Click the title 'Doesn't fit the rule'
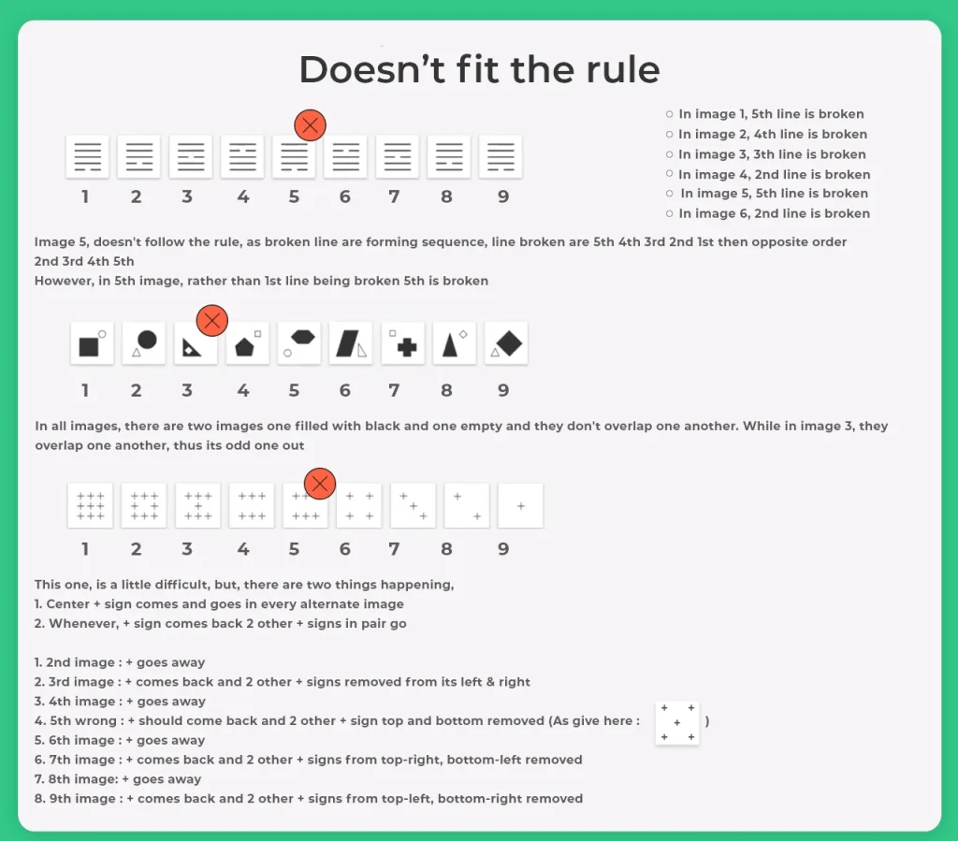point(479,69)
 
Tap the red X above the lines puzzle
point(310,125)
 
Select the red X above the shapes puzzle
point(212,321)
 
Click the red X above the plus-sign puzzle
point(320,484)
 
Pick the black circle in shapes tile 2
point(147,340)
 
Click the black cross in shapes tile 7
point(407,347)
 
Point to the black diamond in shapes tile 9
point(509,343)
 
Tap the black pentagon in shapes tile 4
point(244,347)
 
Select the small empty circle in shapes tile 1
point(102,333)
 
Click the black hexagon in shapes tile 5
point(303,337)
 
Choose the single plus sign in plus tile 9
point(520,506)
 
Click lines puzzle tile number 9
point(501,157)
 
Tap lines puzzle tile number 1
point(87,157)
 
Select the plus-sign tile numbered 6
point(359,506)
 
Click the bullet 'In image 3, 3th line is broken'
point(765,154)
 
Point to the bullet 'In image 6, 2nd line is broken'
point(767,214)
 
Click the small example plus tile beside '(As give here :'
point(677,722)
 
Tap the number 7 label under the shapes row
point(394,390)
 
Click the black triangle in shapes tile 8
point(450,344)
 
